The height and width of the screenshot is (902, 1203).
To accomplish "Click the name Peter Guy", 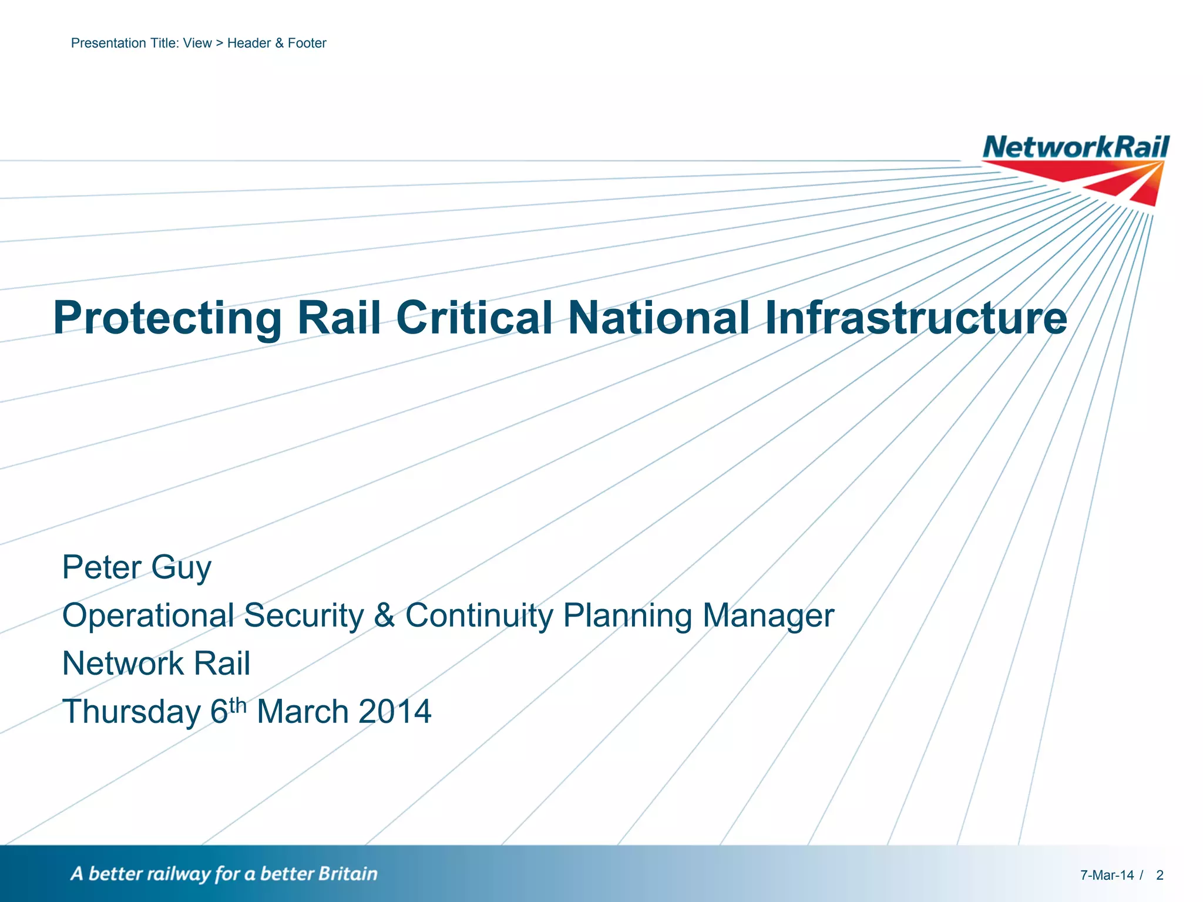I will tap(136, 567).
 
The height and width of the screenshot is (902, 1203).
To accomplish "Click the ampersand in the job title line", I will tap(384, 615).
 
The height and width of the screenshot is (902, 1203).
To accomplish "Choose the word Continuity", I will tap(479, 615).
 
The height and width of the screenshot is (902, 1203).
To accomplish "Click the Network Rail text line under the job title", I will tap(156, 664).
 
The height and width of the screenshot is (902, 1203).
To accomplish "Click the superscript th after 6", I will tap(238, 705).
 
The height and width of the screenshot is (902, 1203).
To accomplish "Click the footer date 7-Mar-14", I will tap(1107, 875).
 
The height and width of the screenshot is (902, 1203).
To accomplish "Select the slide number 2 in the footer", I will tap(1160, 875).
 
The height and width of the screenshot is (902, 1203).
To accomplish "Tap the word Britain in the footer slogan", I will tap(348, 874).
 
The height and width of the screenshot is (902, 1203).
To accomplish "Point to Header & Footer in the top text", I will tap(277, 43).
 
